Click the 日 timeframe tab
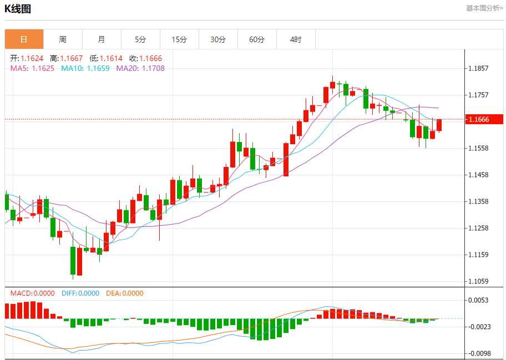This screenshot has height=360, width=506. (x=24, y=39)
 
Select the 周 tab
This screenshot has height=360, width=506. (x=63, y=39)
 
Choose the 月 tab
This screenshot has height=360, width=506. (x=102, y=39)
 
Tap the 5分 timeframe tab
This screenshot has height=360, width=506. (x=140, y=39)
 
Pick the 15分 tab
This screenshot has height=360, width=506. (x=179, y=39)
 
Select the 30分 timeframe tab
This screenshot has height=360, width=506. (x=218, y=39)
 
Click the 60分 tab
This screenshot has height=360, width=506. (x=257, y=39)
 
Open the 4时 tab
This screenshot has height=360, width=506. (x=296, y=39)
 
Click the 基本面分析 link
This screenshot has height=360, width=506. (x=484, y=8)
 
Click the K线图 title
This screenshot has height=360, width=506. (x=18, y=9)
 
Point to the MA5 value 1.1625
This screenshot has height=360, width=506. (x=43, y=68)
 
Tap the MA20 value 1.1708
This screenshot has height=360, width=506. (x=153, y=68)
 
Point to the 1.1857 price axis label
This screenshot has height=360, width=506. (x=478, y=69)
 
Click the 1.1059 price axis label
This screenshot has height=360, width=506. (x=478, y=281)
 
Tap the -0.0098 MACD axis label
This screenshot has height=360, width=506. (x=478, y=353)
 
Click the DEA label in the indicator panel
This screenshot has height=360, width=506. (x=113, y=293)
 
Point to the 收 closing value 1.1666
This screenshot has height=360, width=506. (x=150, y=58)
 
